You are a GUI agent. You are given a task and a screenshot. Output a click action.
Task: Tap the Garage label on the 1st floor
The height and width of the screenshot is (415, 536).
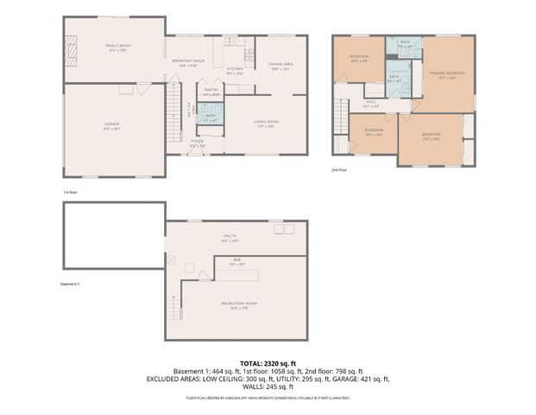coord(112,125)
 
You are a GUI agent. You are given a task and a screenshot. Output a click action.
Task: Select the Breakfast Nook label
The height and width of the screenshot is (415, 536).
coord(188,61)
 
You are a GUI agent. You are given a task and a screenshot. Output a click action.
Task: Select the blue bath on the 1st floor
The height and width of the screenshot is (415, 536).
coord(211,114)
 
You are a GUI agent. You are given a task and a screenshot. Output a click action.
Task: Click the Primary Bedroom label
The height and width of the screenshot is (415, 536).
coord(447,74)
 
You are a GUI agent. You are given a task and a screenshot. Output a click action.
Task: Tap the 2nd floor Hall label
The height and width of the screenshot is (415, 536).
coord(371,102)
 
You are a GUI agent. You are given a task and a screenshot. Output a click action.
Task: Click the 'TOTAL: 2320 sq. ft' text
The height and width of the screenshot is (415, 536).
coord(267,362)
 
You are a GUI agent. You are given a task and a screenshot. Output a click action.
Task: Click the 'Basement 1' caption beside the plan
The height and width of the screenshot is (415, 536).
coord(69,284)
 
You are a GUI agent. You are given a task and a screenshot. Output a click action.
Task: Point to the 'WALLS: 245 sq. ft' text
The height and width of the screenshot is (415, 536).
coord(268,386)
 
